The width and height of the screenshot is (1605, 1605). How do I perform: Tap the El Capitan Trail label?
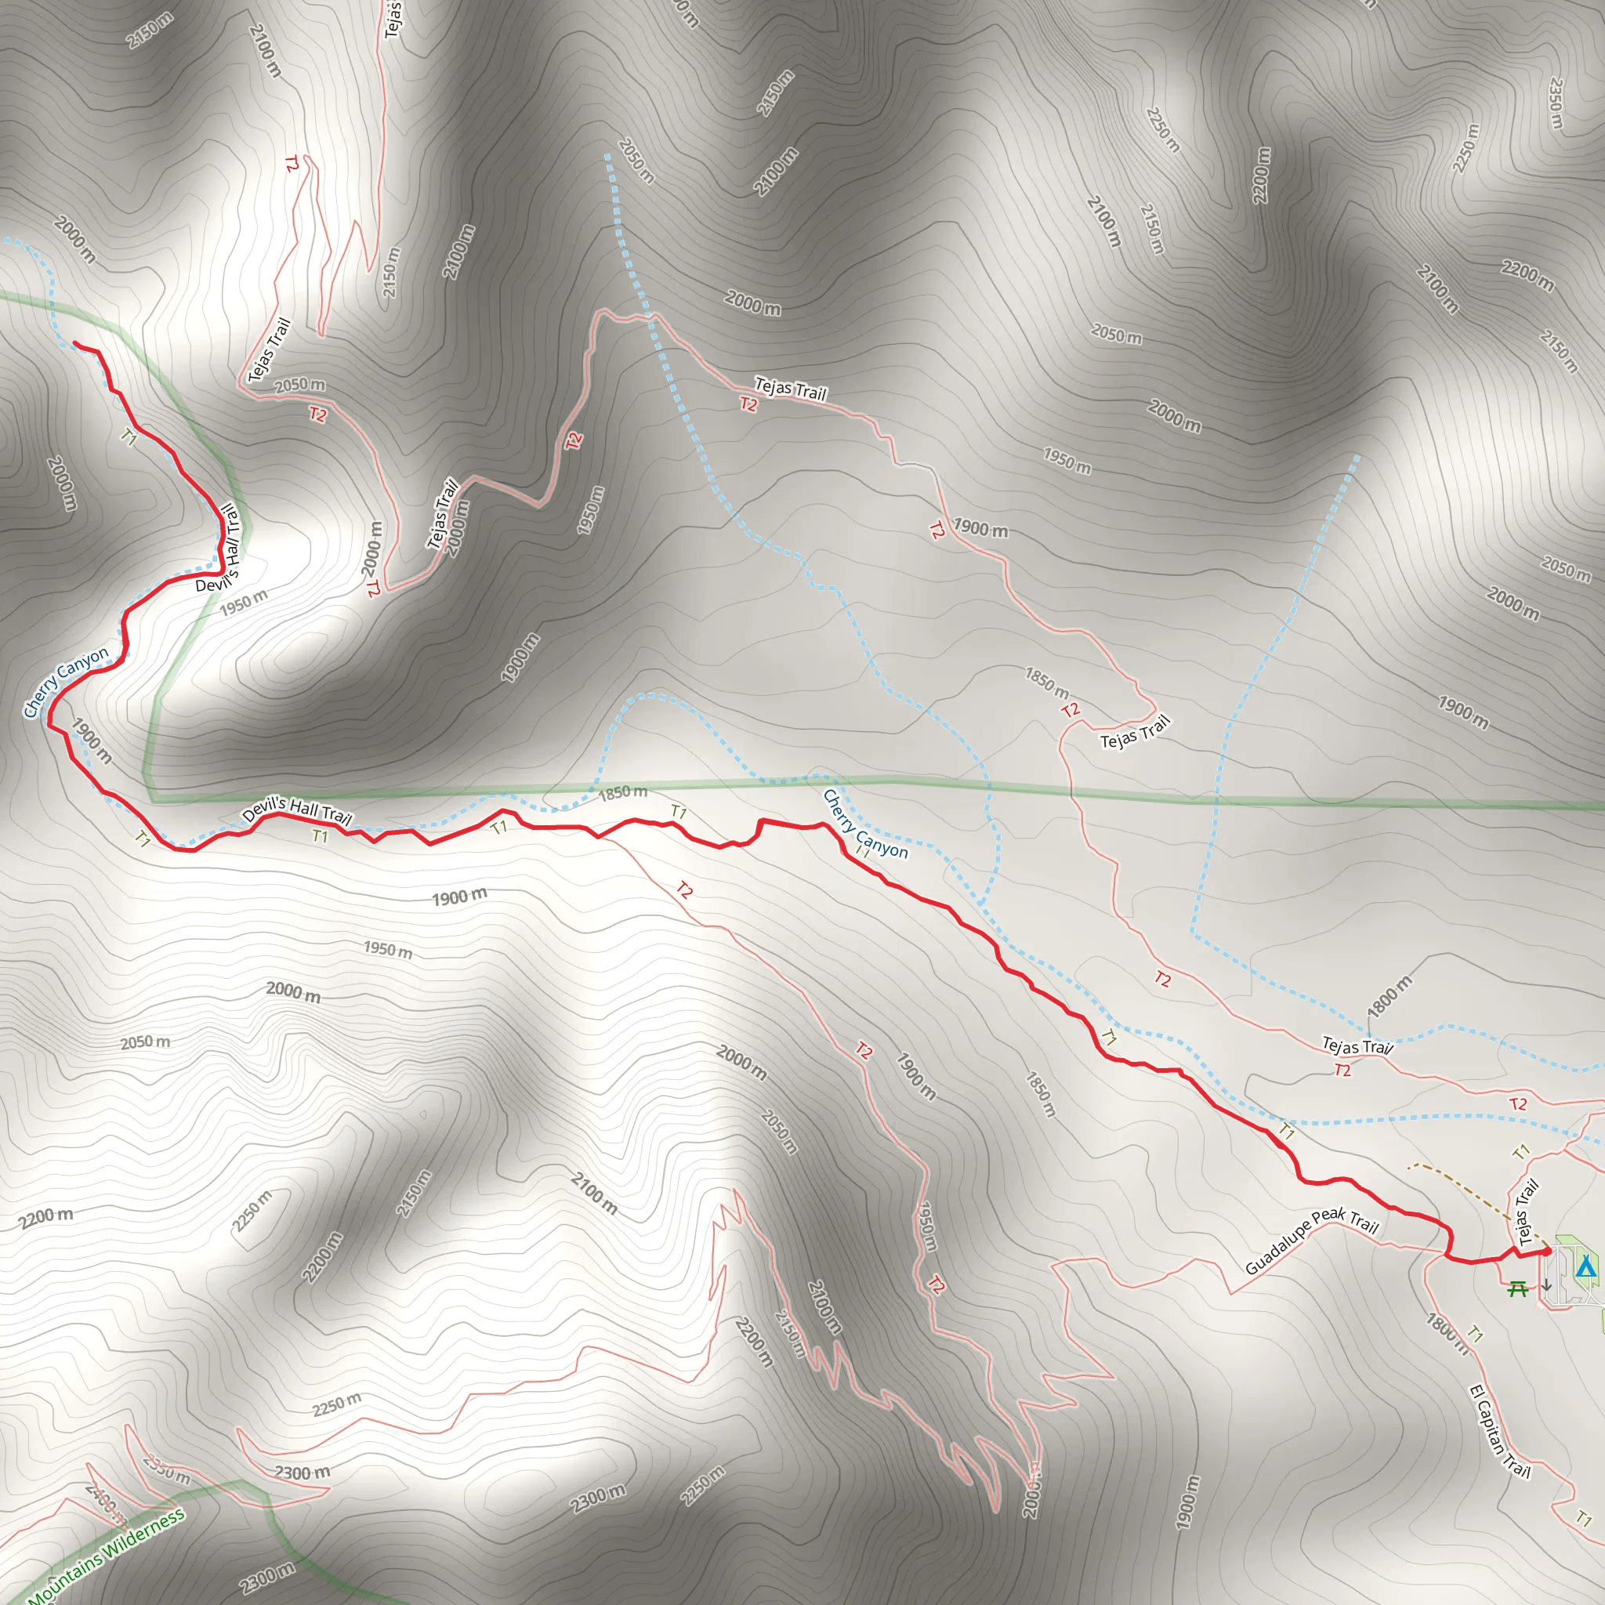click(x=1499, y=1431)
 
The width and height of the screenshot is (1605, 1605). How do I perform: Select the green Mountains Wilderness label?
click(x=107, y=1556)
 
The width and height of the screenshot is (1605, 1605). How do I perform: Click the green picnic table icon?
click(x=1518, y=1288)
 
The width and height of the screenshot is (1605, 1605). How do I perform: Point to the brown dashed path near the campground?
click(x=1462, y=1184)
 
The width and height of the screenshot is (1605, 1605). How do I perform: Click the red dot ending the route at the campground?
click(x=1546, y=1251)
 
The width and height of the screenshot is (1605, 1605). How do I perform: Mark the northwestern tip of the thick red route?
click(x=75, y=342)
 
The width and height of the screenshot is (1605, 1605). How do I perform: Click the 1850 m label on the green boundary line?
click(x=622, y=792)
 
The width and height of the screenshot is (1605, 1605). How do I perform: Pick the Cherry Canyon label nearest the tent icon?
click(x=865, y=824)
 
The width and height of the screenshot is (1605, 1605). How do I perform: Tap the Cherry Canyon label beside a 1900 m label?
click(x=65, y=681)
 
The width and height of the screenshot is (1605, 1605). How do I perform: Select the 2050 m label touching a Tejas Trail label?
click(x=300, y=386)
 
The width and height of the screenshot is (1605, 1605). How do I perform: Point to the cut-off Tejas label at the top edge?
click(x=393, y=18)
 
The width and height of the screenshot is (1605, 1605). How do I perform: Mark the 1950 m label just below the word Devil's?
click(x=244, y=603)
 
